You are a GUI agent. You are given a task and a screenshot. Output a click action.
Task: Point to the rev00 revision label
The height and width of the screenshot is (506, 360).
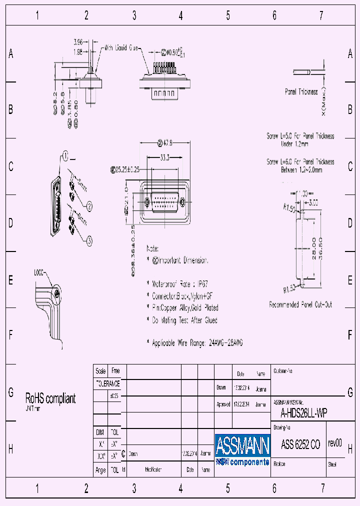pos(335,443)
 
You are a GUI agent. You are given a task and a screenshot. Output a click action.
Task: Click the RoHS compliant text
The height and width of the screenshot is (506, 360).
pos(50,398)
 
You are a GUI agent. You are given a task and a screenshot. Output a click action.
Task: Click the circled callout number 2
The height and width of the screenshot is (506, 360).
pos(89,206)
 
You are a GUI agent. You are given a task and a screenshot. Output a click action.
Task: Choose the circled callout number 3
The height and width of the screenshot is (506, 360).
pos(89,241)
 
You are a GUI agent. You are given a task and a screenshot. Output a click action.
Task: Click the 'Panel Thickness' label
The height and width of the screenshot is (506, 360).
pos(301,92)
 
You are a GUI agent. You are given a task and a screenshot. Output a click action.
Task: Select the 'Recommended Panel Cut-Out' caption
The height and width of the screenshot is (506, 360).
pos(300,304)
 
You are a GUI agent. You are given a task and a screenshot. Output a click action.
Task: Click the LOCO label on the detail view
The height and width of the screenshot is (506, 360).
pos(39,273)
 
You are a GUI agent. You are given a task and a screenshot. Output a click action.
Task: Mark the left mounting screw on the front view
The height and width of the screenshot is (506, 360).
pos(147,202)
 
